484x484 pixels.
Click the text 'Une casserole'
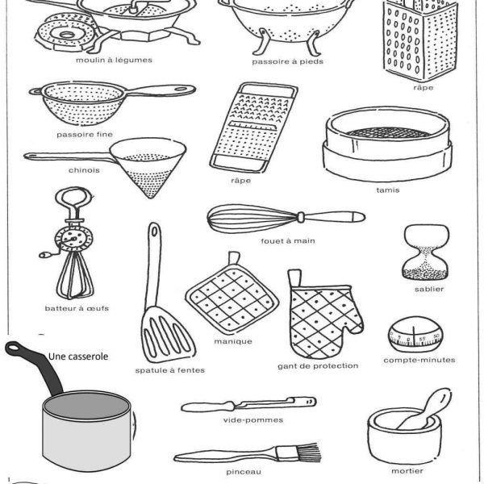[78, 355]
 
